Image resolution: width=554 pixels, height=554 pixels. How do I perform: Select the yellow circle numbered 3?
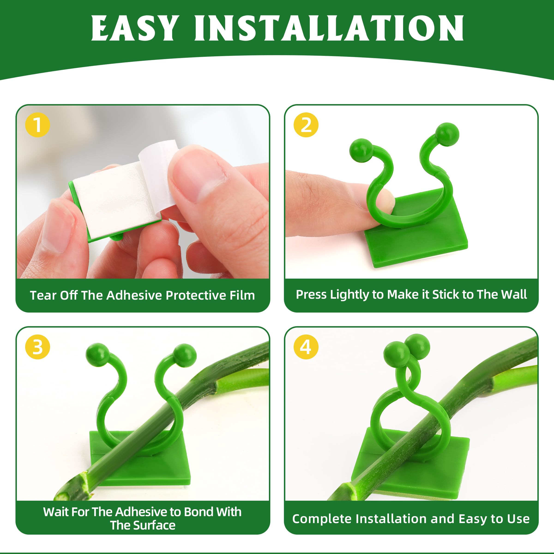[x=38, y=347]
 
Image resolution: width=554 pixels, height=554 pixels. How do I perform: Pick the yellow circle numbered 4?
[x=306, y=347]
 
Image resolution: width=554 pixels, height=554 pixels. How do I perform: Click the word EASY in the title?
[x=134, y=28]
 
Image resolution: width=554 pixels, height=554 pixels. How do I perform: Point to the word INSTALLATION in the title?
[x=329, y=28]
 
